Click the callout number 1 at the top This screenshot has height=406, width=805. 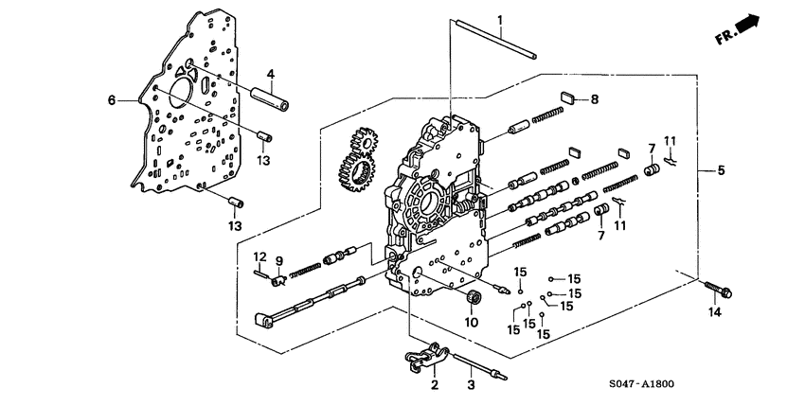pos(500,21)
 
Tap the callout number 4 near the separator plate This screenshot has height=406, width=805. pos(270,74)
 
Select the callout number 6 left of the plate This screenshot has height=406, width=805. pos(111,99)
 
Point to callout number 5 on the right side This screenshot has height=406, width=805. pos(722,170)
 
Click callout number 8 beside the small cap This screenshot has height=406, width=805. pos(595,98)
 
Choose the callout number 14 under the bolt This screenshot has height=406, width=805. pos(715,311)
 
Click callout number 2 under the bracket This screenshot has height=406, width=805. pos(435,385)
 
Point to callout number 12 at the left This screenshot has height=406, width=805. pos(258,256)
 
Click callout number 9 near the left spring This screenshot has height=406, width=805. pos(279,260)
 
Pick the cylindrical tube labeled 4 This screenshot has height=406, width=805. pos(271,97)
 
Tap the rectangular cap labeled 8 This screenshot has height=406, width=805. pos(568,96)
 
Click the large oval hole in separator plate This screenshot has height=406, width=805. pos(202,93)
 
